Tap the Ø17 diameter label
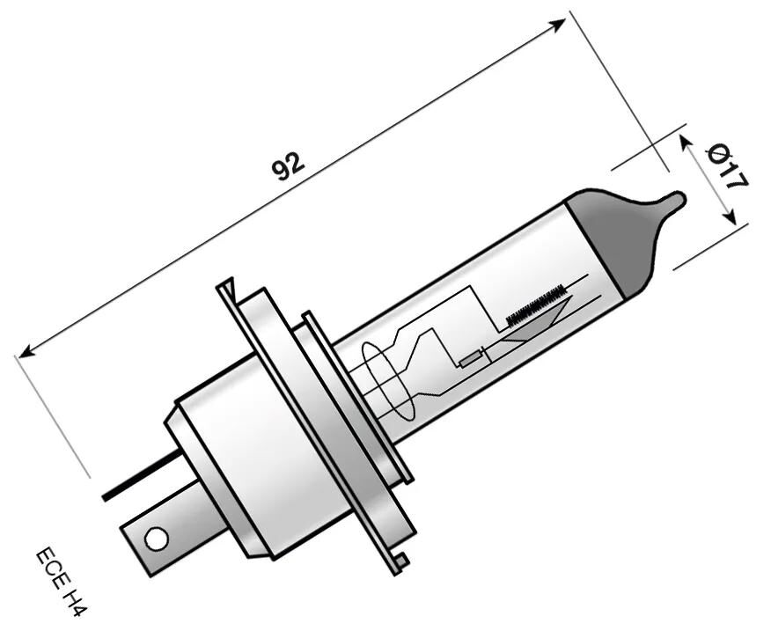(727, 167)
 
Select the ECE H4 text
(62, 583)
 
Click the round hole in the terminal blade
(155, 538)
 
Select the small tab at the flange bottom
(400, 559)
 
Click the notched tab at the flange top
(227, 288)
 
